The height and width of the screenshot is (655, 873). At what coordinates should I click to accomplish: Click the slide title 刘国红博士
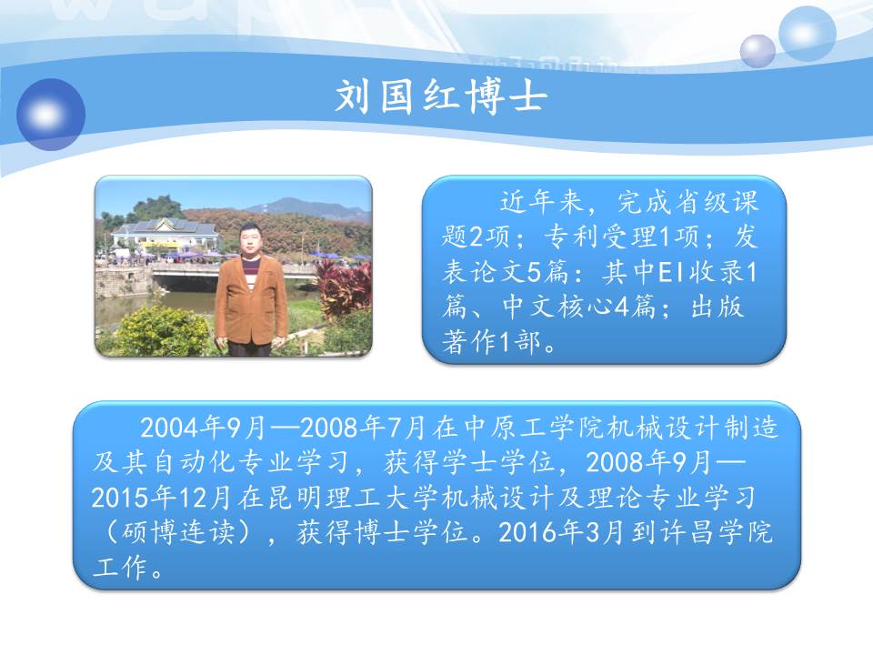tap(441, 96)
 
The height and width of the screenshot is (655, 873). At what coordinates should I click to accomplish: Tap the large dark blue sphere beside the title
tap(51, 115)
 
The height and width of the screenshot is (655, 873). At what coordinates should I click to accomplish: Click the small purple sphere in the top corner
tap(758, 51)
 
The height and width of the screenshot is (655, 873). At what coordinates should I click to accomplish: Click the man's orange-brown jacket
tap(251, 301)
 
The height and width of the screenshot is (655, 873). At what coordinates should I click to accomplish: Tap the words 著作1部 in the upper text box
tap(491, 342)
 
